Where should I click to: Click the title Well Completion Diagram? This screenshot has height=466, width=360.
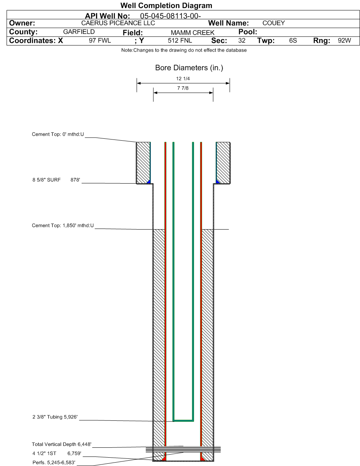pyautogui.click(x=166, y=6)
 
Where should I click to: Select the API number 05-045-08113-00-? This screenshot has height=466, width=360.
pyautogui.click(x=171, y=16)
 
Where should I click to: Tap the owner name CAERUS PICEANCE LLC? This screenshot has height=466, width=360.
pyautogui.click(x=118, y=23)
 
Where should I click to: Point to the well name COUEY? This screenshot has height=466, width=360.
pyautogui.click(x=274, y=23)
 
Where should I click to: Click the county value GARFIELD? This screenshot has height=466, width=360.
pyautogui.click(x=79, y=32)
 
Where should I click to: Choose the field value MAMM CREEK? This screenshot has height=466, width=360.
pyautogui.click(x=193, y=33)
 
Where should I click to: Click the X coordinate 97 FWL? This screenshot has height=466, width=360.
pyautogui.click(x=100, y=41)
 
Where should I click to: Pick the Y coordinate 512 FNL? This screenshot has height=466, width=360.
pyautogui.click(x=180, y=41)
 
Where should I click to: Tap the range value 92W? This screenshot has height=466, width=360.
pyautogui.click(x=344, y=41)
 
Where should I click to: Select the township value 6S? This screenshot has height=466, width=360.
pyautogui.click(x=293, y=41)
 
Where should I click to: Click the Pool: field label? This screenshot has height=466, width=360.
pyautogui.click(x=248, y=32)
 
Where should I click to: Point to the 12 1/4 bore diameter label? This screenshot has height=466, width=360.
pyautogui.click(x=183, y=79)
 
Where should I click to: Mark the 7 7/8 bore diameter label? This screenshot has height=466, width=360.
pyautogui.click(x=183, y=88)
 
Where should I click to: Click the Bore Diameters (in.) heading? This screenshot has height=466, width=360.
pyautogui.click(x=189, y=68)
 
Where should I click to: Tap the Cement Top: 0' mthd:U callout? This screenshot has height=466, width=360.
pyautogui.click(x=58, y=134)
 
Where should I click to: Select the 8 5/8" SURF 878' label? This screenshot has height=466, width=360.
pyautogui.click(x=56, y=180)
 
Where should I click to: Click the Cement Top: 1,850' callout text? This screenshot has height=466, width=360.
pyautogui.click(x=63, y=225)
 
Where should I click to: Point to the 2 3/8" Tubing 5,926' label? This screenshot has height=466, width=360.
pyautogui.click(x=55, y=417)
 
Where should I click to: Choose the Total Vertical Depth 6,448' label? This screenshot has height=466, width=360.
pyautogui.click(x=62, y=444)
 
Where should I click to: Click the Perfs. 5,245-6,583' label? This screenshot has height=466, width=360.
pyautogui.click(x=54, y=462)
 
